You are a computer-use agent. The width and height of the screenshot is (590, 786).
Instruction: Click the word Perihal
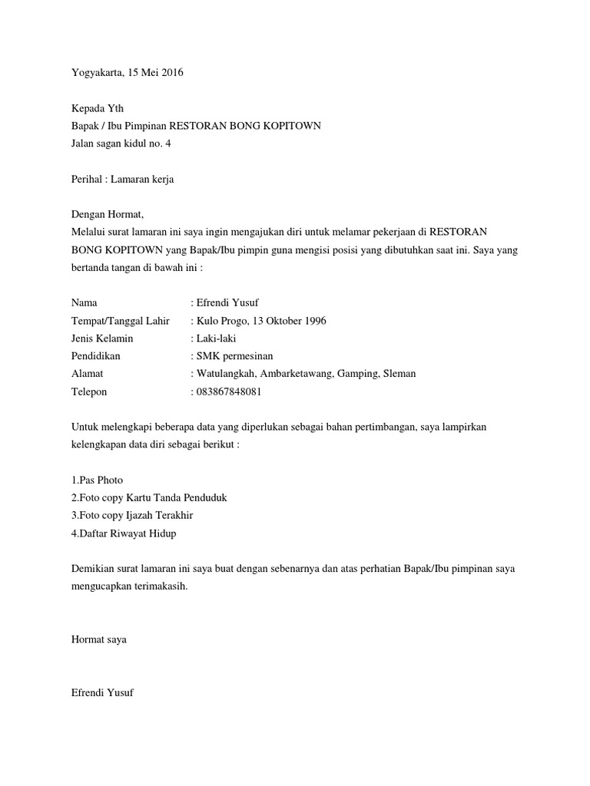tap(87, 179)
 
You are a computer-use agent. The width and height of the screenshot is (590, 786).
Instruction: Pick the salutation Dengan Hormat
tap(107, 214)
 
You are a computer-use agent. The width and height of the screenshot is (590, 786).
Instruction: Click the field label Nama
tap(85, 303)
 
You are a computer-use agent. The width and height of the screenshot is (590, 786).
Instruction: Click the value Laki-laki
tap(218, 339)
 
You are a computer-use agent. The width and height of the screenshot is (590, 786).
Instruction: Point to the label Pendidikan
tap(96, 356)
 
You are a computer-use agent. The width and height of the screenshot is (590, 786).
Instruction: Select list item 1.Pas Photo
tap(97, 480)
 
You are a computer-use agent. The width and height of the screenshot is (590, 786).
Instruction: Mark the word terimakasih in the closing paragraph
tap(161, 586)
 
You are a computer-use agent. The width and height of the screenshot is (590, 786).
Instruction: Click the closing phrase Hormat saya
tap(98, 639)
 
